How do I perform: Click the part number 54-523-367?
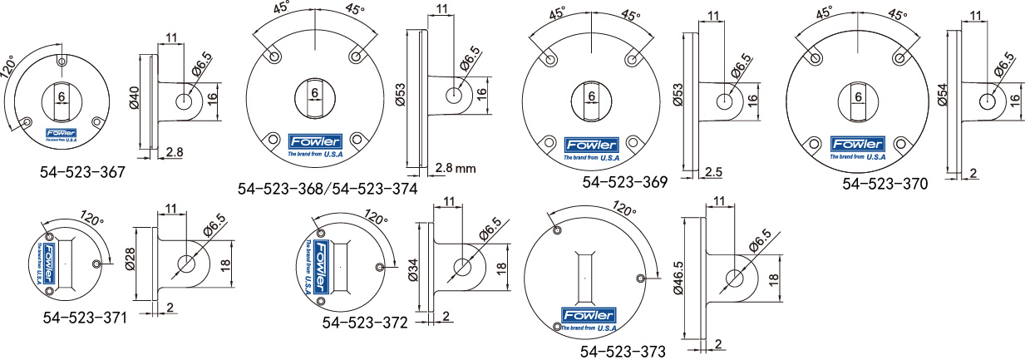coord(82,172)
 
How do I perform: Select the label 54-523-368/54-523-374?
coord(328,189)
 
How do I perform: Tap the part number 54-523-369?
coord(624,182)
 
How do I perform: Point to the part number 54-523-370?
coord(885,184)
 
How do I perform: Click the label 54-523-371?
coord(85,318)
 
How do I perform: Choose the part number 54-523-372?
coord(365,323)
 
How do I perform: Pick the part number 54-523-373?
coord(623,352)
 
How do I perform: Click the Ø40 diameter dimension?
coord(135,98)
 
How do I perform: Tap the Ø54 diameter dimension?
coord(942,95)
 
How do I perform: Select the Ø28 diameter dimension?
coord(130,259)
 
